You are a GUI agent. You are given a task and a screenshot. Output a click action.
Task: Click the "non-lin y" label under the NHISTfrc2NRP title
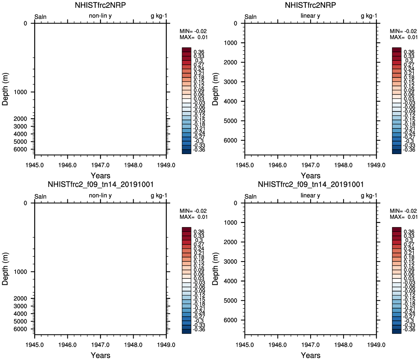click(x=100, y=16)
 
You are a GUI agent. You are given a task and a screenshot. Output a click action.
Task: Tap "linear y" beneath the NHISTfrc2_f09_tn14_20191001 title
click(x=310, y=196)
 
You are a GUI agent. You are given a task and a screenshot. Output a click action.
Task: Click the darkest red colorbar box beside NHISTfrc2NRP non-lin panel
click(x=187, y=50)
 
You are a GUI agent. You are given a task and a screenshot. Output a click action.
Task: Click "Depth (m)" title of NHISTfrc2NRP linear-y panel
click(x=216, y=89)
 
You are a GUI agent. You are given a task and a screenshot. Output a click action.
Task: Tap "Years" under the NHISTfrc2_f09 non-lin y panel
click(x=100, y=355)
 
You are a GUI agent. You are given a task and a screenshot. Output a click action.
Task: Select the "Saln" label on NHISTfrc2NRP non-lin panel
click(x=41, y=17)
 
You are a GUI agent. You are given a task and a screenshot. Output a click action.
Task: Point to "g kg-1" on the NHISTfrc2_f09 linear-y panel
click(x=369, y=196)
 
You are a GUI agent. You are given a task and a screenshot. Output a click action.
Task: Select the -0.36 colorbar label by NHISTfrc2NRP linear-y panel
click(x=409, y=150)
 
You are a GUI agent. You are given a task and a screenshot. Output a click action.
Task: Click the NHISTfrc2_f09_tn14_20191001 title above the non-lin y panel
click(x=100, y=184)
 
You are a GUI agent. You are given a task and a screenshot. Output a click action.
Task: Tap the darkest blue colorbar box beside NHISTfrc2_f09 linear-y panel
click(x=396, y=331)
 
